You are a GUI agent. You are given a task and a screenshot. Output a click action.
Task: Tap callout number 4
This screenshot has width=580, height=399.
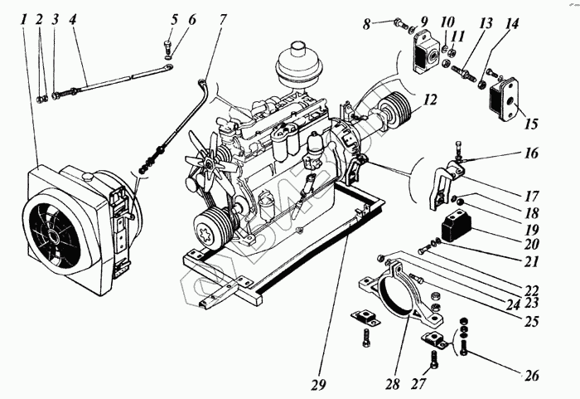click(74, 18)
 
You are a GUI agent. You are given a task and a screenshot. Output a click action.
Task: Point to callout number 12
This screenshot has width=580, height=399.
click(429, 100)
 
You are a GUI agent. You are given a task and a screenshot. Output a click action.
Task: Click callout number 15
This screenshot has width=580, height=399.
click(531, 124)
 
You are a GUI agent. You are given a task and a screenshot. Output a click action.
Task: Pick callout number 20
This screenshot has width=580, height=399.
click(531, 245)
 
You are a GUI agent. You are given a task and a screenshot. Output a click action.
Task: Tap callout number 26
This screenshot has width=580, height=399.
click(532, 376)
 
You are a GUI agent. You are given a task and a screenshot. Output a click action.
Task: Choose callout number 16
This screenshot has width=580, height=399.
click(531, 153)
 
